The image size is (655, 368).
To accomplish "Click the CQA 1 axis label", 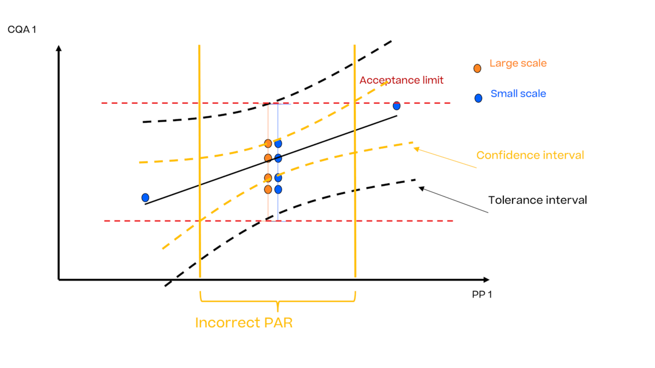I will coord(22,29).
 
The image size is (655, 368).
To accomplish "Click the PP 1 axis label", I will coord(481,295).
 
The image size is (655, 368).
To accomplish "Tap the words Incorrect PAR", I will coord(244,323).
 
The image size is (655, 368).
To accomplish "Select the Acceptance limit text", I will coord(401,80).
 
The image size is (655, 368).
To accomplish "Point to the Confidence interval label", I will coord(530,155).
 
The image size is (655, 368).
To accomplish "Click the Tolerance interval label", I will coord(537,200).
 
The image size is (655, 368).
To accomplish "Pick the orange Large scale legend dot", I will coord(477,68).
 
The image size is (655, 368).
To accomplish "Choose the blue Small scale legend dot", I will coord(478,98).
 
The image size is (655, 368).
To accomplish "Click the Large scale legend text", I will coord(518,63).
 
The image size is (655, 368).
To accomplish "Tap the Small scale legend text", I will coord(518,94).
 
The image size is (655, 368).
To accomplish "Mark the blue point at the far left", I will coord(145,197).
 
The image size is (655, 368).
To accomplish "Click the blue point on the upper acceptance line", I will coord(396,106).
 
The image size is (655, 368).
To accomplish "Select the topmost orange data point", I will coord(268,144).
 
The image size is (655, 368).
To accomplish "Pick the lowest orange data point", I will coord(268,189).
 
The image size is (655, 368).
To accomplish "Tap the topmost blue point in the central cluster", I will coord(278,144).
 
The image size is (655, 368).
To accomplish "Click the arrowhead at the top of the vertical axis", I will coord(58,49).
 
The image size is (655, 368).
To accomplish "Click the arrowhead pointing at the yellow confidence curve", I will coord(417,149).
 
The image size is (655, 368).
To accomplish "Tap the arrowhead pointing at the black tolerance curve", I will coord(421,188).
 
